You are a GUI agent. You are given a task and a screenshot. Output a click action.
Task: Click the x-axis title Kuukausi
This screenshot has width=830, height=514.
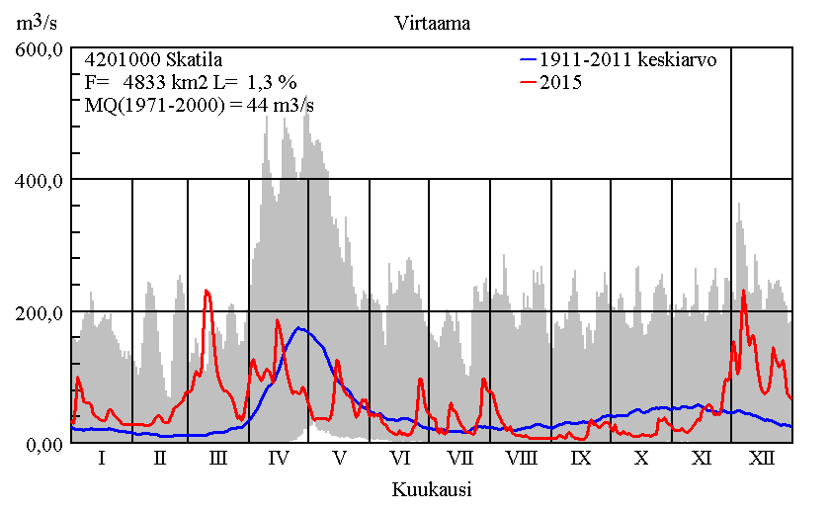pos(431,489)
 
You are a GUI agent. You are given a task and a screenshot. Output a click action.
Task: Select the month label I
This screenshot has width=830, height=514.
pos(102,460)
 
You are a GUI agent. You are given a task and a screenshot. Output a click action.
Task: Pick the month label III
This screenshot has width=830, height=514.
pos(219,460)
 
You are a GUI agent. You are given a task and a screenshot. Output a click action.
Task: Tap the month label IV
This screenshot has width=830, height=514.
pos(279,460)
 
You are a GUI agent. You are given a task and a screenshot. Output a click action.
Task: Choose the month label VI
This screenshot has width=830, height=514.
pos(399,460)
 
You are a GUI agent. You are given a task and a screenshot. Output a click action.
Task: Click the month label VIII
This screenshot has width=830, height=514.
pos(521,460)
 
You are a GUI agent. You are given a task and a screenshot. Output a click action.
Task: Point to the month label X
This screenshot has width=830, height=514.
pos(641,460)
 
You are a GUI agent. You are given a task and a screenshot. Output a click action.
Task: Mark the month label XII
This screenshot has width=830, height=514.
pos(762,460)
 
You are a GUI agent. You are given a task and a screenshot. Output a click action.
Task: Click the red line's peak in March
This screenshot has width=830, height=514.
pos(207,290)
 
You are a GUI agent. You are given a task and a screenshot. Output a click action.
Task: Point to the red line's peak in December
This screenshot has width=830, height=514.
pos(743,290)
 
